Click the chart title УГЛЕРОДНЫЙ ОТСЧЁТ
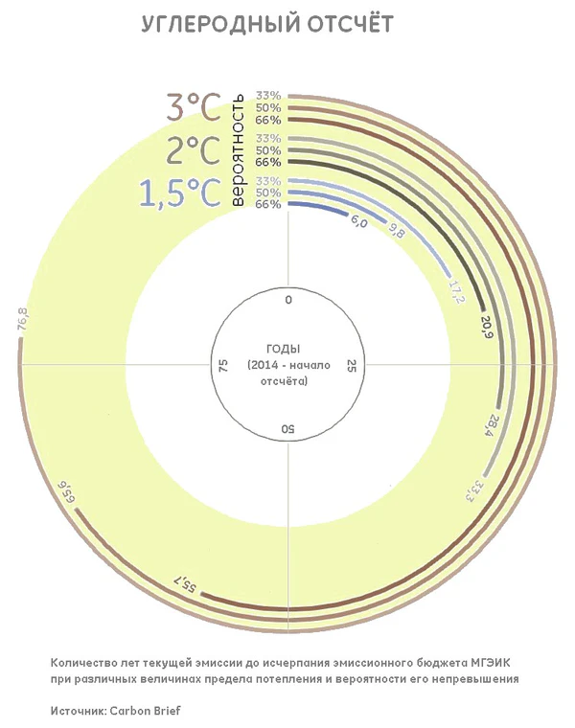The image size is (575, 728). (x=267, y=24)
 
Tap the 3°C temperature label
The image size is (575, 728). (x=194, y=107)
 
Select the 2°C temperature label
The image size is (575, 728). (x=194, y=150)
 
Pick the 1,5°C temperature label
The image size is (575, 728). (x=180, y=193)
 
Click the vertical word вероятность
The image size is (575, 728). (x=238, y=149)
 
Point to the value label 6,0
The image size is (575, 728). (x=358, y=223)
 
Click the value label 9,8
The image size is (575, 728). (x=396, y=231)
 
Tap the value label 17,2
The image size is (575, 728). (x=455, y=292)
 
